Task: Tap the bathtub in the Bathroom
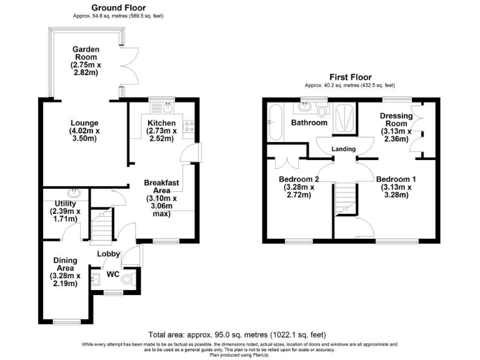pyautogui.click(x=274, y=122)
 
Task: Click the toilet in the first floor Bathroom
pyautogui.click(x=322, y=111)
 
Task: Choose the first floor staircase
pyautogui.click(x=343, y=200)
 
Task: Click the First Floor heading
pyautogui.click(x=349, y=77)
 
